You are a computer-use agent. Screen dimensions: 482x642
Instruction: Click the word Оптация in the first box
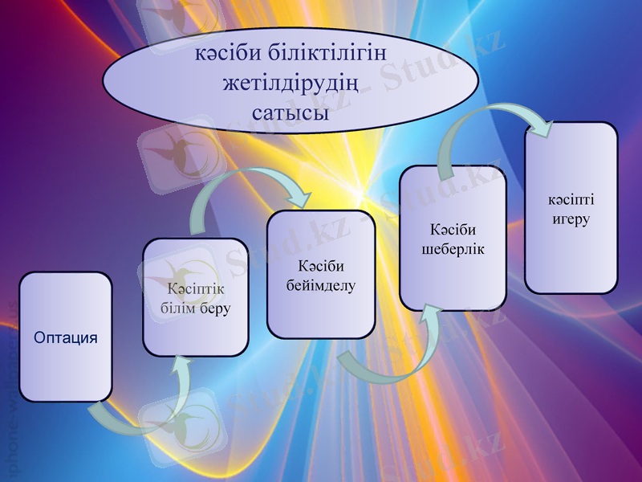66,337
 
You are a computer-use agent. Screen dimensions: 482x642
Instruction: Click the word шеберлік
453,249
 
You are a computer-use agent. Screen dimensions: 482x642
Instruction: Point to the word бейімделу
321,285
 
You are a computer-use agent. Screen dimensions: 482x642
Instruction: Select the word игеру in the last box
571,219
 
